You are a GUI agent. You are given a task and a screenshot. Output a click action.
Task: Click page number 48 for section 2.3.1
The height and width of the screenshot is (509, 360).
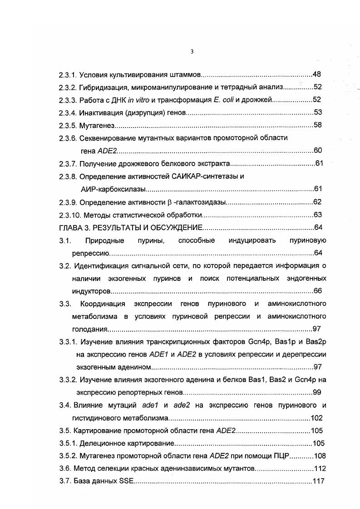(x=317, y=74)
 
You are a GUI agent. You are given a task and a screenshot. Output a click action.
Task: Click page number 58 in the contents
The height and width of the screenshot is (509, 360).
(x=317, y=125)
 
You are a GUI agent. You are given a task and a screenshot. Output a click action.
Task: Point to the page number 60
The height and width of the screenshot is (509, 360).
(x=317, y=151)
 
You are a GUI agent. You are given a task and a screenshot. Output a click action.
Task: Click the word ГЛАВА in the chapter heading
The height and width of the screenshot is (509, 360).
(x=71, y=228)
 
